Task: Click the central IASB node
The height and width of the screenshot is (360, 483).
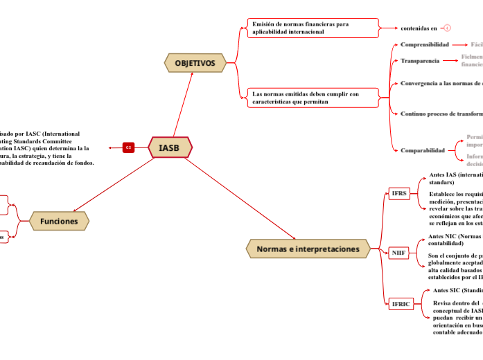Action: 169,147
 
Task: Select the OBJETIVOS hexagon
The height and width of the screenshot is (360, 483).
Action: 195,63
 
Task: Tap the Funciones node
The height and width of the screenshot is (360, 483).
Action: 59,221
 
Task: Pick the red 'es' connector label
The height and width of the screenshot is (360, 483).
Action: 128,147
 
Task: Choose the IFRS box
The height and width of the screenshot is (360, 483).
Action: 399,193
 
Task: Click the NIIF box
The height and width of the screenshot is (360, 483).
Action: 398,253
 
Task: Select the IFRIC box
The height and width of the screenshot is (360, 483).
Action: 401,304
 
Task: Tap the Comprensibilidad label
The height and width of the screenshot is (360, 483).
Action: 425,44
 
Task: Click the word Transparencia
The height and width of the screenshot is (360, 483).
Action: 420,61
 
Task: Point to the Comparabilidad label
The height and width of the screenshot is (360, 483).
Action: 422,150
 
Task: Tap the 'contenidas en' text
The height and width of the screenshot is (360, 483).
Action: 419,28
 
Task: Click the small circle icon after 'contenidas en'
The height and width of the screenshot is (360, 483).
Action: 447,28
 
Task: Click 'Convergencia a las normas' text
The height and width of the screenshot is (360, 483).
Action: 441,83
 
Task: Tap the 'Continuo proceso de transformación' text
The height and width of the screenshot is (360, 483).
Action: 441,114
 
